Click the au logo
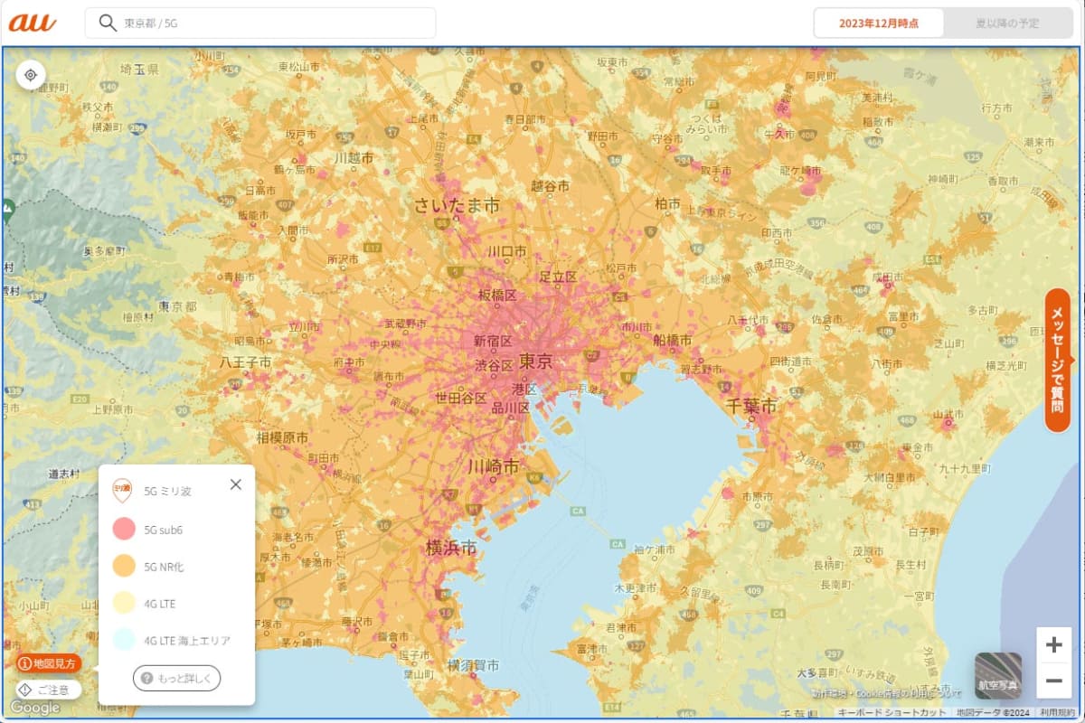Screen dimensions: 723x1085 (x=33, y=23)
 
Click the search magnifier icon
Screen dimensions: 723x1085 (x=108, y=23)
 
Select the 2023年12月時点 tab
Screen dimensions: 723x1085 (x=879, y=23)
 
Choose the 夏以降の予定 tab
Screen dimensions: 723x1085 (x=1007, y=23)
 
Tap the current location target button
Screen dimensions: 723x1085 (x=31, y=75)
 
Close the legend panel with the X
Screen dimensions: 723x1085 (x=236, y=484)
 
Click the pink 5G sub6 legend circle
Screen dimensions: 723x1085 (x=124, y=530)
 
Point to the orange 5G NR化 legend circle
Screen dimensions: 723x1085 (x=124, y=567)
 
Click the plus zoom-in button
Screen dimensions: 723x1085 (x=1053, y=645)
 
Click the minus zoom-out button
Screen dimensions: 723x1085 (x=1053, y=681)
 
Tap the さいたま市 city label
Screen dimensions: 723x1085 (x=457, y=206)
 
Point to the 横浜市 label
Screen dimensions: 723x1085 (x=451, y=548)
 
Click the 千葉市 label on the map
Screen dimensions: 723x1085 (x=750, y=408)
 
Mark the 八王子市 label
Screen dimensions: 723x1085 (x=245, y=362)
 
